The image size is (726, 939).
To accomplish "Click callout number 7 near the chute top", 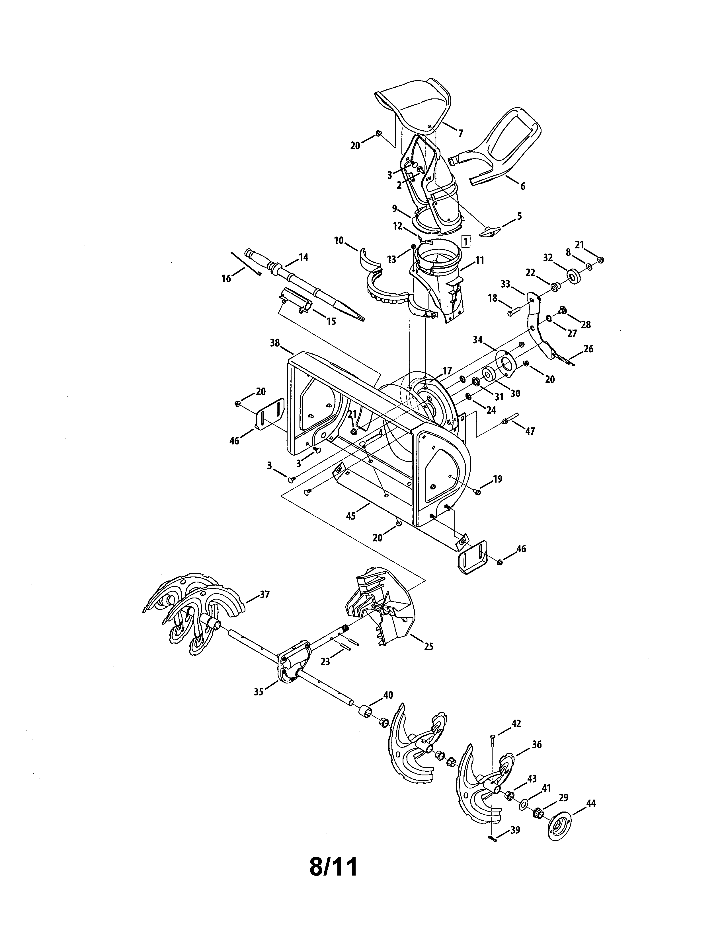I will (460, 134).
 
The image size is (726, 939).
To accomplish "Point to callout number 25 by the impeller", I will (428, 658).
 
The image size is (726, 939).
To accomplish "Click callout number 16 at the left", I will (226, 279).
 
